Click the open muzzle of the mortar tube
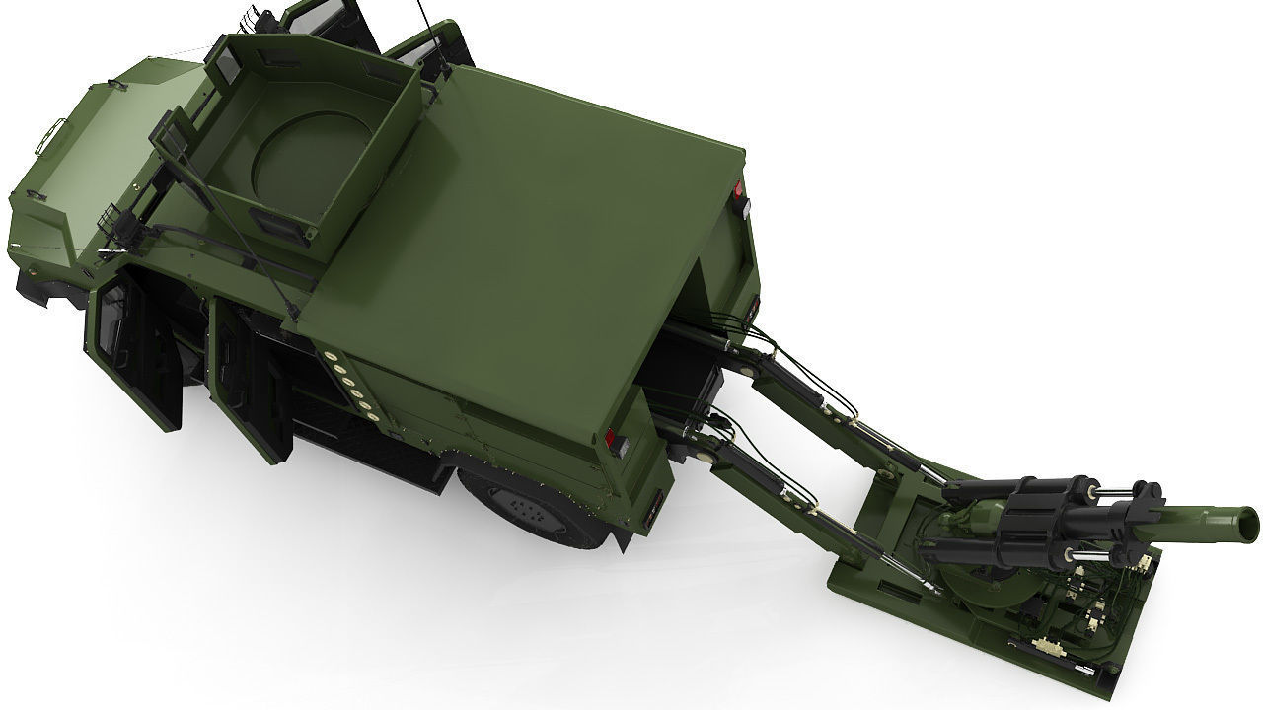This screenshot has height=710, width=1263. tap(1245, 520)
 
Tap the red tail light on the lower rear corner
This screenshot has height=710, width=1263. tap(613, 440)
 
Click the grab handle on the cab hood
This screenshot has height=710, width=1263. tap(51, 135)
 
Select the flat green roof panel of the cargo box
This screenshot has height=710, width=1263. tap(523, 247)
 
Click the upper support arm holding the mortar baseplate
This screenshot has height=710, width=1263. tap(839, 414)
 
